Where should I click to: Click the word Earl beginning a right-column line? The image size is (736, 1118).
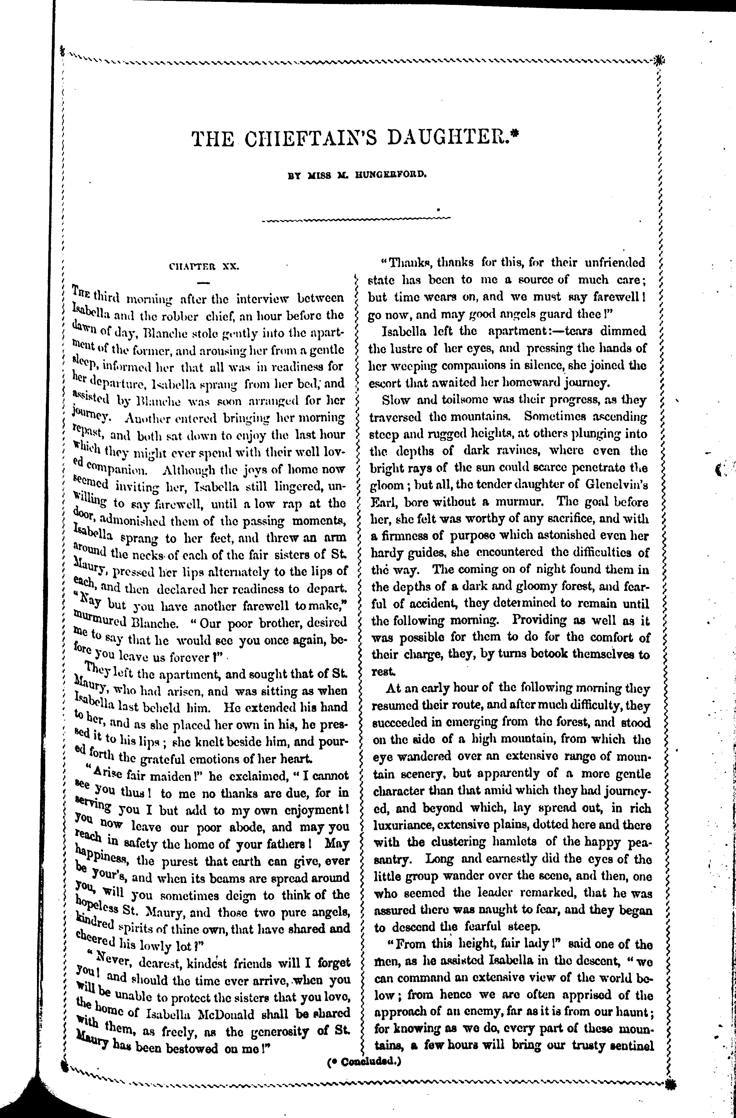382,502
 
